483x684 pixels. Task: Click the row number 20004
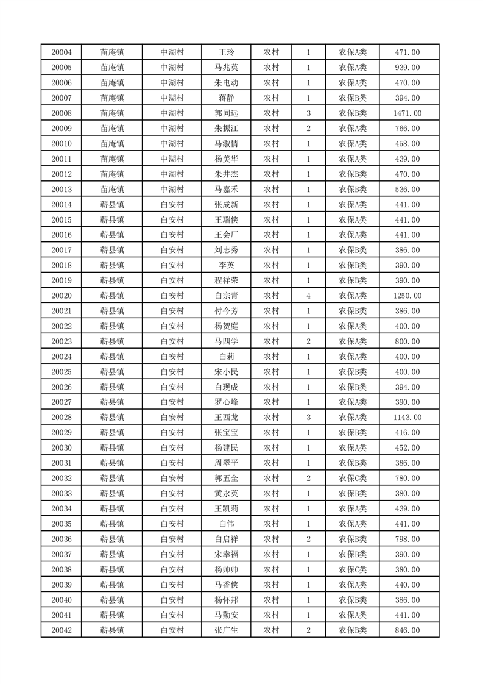[x=62, y=52]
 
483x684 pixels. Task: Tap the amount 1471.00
[x=407, y=113]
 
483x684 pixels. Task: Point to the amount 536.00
[x=407, y=190]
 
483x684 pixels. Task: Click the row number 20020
[x=62, y=296]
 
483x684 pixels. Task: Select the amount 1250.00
[x=407, y=296]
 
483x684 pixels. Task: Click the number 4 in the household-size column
[x=309, y=296]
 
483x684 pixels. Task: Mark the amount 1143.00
[x=407, y=418]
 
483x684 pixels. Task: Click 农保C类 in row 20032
[x=353, y=479]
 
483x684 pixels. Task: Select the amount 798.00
[x=407, y=539]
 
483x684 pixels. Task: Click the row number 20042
[x=62, y=630]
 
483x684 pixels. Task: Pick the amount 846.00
[x=407, y=630]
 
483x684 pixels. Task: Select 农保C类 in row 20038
[x=353, y=569]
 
